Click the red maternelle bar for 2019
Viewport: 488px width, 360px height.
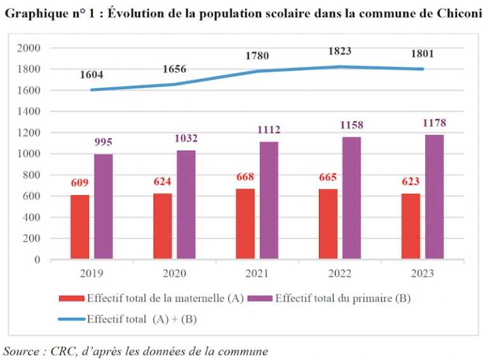[80, 227]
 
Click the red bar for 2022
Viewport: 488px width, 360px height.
[328, 224]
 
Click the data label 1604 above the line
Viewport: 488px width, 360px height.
[91, 75]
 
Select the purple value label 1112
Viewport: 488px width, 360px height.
[269, 130]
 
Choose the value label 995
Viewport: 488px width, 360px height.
[104, 142]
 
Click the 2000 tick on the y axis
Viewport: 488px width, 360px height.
[29, 48]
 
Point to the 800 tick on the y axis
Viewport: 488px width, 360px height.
[32, 175]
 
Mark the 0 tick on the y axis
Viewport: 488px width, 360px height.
[37, 260]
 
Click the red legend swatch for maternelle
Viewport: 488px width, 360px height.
[71, 298]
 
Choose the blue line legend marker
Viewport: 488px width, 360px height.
[71, 319]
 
